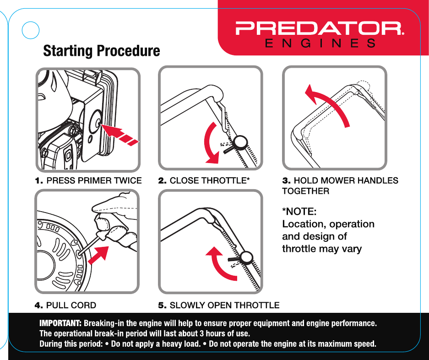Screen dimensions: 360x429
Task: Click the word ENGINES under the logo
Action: coord(320,44)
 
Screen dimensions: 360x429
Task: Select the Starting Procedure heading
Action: coord(101,51)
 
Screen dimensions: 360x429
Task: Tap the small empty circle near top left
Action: coord(30,30)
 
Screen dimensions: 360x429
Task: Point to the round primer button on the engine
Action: coord(97,121)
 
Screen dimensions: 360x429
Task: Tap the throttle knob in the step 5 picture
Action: coord(247,258)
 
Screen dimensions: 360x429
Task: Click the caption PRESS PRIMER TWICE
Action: coord(88,180)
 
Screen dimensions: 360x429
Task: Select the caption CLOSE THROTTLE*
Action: coord(204,180)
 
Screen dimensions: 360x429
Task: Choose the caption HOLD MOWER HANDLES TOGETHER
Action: coord(340,185)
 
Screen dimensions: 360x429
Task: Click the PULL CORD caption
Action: coord(65,305)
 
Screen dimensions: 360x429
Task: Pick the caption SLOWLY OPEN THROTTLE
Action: coord(218,305)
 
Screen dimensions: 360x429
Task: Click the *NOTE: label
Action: coord(299,212)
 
